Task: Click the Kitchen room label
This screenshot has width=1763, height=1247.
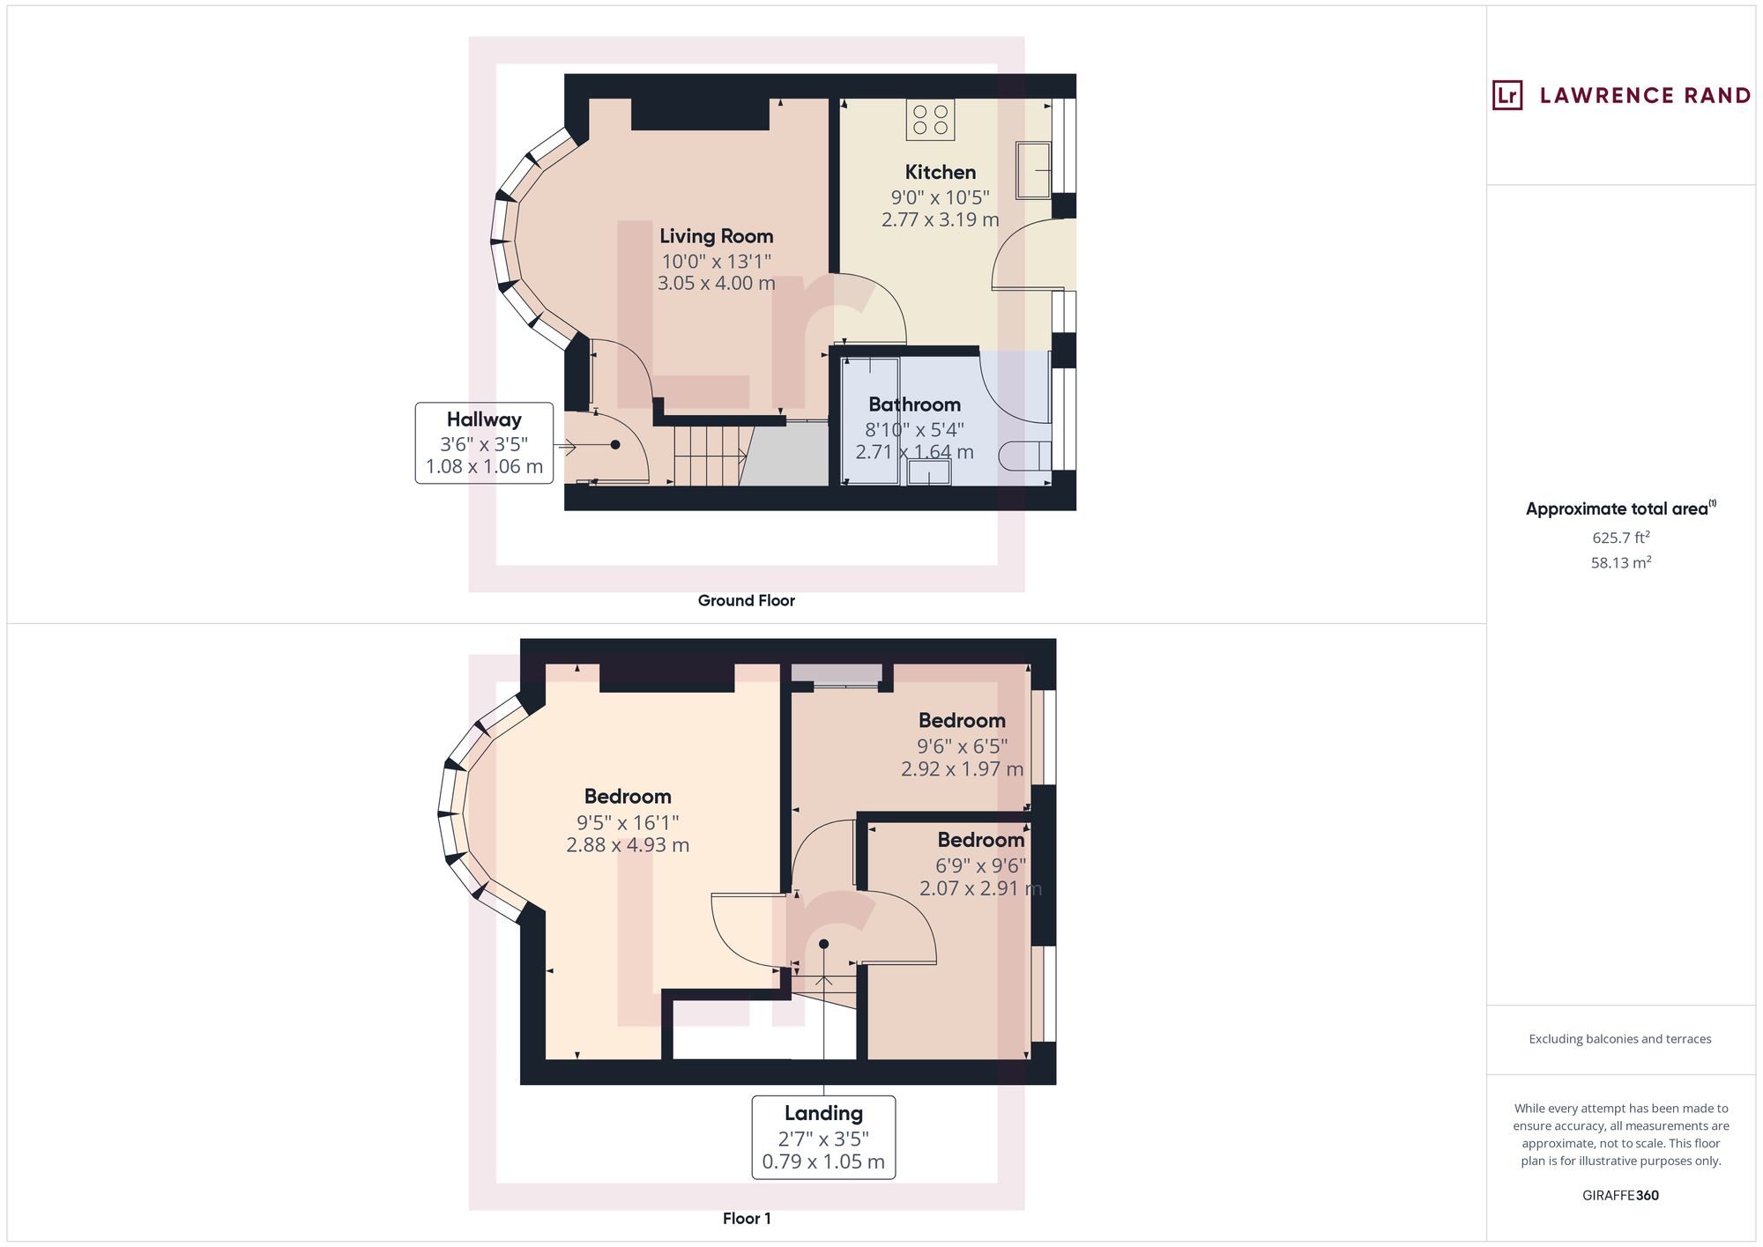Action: (940, 172)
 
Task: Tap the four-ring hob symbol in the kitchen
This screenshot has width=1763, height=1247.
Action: (930, 120)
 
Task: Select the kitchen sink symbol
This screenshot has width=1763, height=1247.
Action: (1034, 169)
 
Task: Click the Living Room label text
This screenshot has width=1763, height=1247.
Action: (716, 236)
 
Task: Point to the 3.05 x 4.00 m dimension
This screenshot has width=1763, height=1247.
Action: (716, 284)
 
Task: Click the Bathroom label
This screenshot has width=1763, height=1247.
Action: (914, 405)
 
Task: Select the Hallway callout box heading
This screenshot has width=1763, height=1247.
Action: (484, 419)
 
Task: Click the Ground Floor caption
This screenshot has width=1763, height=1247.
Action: (746, 601)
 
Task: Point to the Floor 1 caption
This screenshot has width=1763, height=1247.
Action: (746, 1219)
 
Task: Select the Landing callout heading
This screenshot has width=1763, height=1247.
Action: (823, 1113)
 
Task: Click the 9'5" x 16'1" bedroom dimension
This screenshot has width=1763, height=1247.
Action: (628, 822)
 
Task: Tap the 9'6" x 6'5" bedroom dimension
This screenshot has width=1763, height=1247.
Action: (962, 746)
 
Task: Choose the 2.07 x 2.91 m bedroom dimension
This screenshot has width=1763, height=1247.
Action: (980, 888)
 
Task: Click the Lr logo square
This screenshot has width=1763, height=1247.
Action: (1507, 95)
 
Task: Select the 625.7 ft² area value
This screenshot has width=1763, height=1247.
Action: (1620, 538)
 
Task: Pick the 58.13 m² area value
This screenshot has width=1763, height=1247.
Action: (1620, 563)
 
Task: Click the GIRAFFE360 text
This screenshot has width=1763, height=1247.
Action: (1620, 1196)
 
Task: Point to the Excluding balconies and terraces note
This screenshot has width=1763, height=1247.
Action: (1620, 1039)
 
